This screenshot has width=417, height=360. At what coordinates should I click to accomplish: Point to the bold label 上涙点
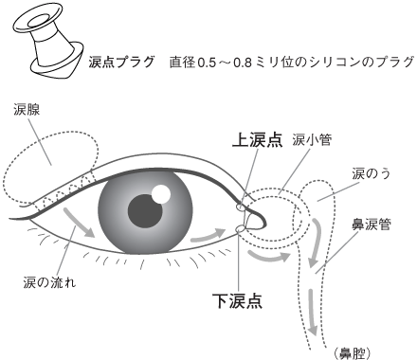point(257,140)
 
